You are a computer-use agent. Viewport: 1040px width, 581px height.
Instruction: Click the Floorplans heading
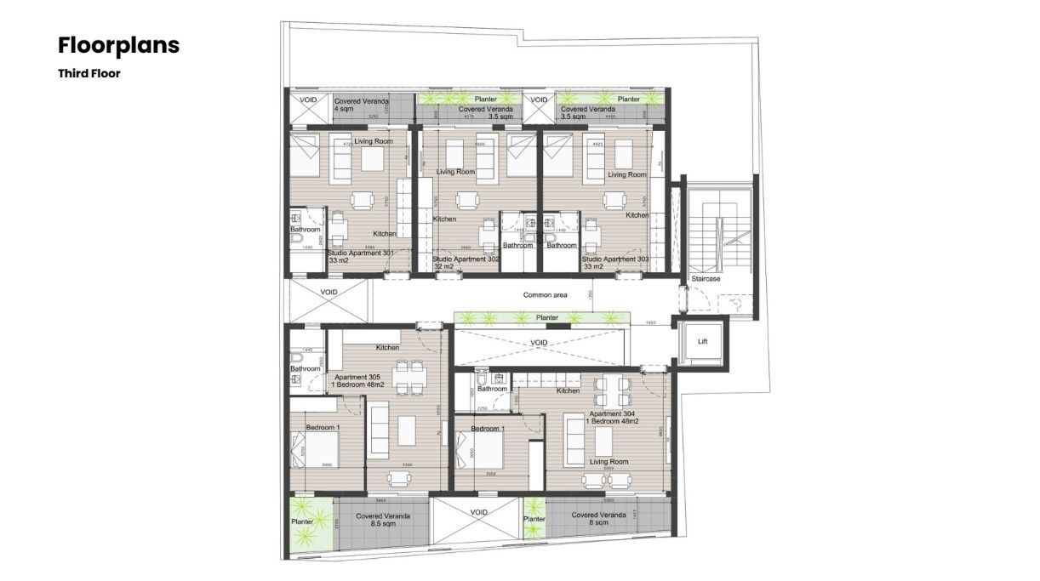(x=118, y=45)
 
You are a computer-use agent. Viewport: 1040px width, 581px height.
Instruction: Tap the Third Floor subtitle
(x=89, y=74)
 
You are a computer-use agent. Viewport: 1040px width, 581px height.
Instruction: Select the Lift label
(x=702, y=341)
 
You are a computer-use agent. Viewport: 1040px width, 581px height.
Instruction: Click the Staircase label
(x=706, y=278)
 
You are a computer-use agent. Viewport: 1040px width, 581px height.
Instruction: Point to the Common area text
(x=545, y=295)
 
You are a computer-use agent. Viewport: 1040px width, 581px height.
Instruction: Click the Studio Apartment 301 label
(x=361, y=256)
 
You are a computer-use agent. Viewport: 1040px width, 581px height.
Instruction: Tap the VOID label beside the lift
(x=538, y=343)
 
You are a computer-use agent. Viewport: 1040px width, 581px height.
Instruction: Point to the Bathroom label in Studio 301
(x=305, y=230)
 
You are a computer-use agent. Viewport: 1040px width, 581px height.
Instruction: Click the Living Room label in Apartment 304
(x=609, y=462)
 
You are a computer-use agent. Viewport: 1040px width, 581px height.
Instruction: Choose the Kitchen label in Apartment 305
(x=388, y=347)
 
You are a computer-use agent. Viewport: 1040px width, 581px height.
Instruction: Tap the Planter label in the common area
(x=547, y=317)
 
